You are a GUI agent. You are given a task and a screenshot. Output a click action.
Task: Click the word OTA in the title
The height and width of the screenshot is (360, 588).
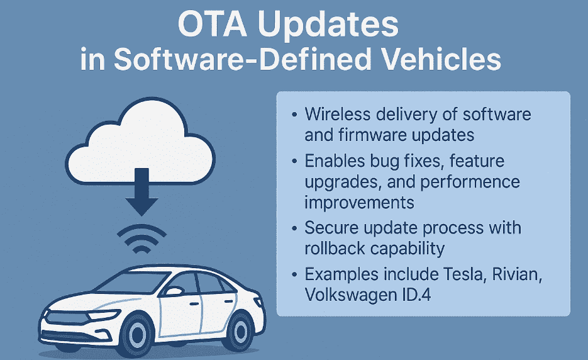pos(213,23)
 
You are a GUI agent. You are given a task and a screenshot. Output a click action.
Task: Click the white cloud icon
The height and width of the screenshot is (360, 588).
pos(140,142)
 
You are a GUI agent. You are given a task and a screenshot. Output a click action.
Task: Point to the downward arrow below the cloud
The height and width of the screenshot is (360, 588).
pos(141,191)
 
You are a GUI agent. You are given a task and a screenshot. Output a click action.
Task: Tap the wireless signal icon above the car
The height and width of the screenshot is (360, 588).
pos(141,239)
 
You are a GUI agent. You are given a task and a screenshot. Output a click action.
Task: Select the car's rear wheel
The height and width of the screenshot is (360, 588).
pos(238,330)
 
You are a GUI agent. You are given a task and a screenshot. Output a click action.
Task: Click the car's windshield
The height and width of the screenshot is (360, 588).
pos(132,283)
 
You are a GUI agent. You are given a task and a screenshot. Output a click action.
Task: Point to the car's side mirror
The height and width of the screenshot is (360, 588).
pos(173,291)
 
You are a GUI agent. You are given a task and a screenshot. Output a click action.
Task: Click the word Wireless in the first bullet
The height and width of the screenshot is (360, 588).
pos(338,114)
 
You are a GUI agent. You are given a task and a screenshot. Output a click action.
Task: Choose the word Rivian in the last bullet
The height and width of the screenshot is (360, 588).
pos(517,274)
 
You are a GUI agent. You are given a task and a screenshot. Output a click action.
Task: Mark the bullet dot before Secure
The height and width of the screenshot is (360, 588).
pos(294,228)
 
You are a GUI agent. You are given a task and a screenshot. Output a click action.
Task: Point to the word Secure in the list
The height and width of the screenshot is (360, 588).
pos(331,227)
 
